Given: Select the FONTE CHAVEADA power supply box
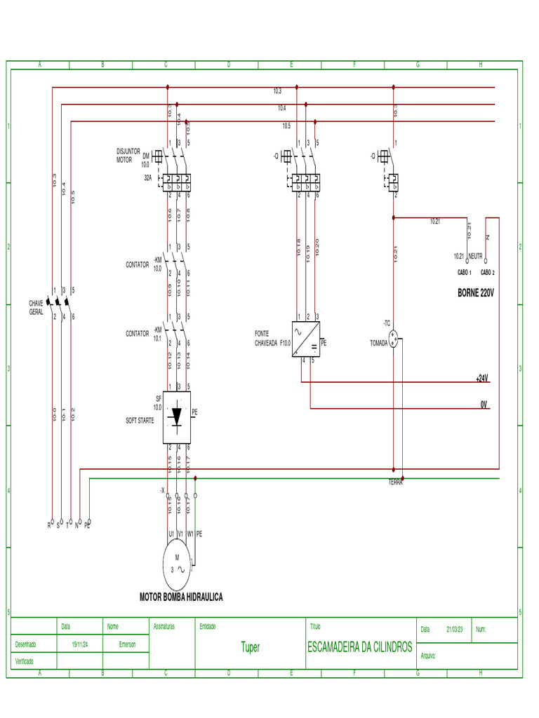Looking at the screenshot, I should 305,339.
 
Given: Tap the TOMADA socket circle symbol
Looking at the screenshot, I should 394,340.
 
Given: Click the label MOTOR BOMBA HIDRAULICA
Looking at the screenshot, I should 181,597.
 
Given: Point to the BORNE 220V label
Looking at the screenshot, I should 476,292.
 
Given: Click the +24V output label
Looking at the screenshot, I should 481,378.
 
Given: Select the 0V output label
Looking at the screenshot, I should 484,405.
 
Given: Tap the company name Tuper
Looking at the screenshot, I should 250,647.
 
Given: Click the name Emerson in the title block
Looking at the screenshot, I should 128,644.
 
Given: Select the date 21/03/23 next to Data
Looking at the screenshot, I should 455,630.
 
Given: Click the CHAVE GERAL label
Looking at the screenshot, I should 36,307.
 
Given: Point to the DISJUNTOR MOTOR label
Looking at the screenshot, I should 128,155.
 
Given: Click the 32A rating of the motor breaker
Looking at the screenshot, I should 147,178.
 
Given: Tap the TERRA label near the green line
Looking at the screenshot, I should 396,482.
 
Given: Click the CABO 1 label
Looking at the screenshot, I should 464,272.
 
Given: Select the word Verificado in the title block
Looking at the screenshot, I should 25,661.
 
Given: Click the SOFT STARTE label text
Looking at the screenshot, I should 140,420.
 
